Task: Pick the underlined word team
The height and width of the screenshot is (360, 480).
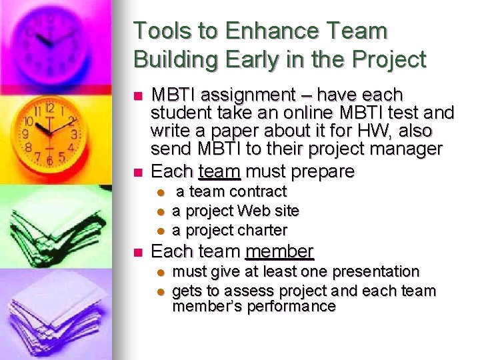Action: coord(219,171)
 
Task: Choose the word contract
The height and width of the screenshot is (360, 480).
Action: coord(257,191)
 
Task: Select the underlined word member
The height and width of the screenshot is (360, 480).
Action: coord(279,251)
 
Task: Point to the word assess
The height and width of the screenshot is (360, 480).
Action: coord(247,291)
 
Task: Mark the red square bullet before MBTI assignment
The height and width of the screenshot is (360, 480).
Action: coord(138,96)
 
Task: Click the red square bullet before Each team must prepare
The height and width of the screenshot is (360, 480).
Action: coord(138,172)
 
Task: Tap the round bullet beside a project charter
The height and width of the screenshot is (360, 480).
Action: coord(160,231)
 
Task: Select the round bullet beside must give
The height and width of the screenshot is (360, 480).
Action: coord(160,272)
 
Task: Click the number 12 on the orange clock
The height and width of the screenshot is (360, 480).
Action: coord(50,107)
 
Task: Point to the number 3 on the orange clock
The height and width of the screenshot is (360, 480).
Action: coord(74,135)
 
